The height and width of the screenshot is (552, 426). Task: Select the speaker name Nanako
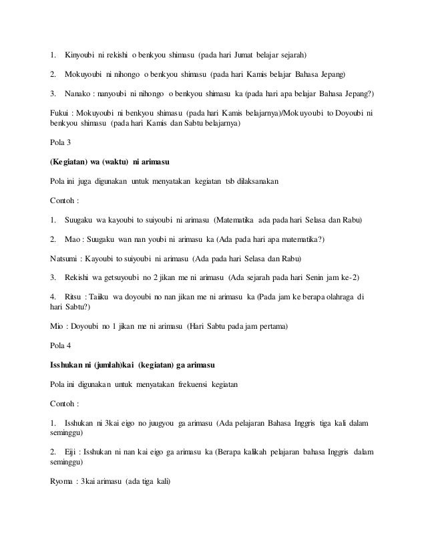point(78,92)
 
